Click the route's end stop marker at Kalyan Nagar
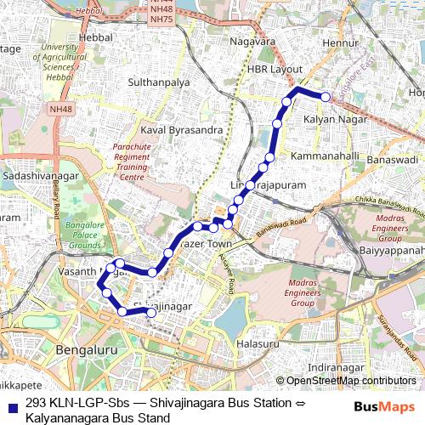pos(326,96)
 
